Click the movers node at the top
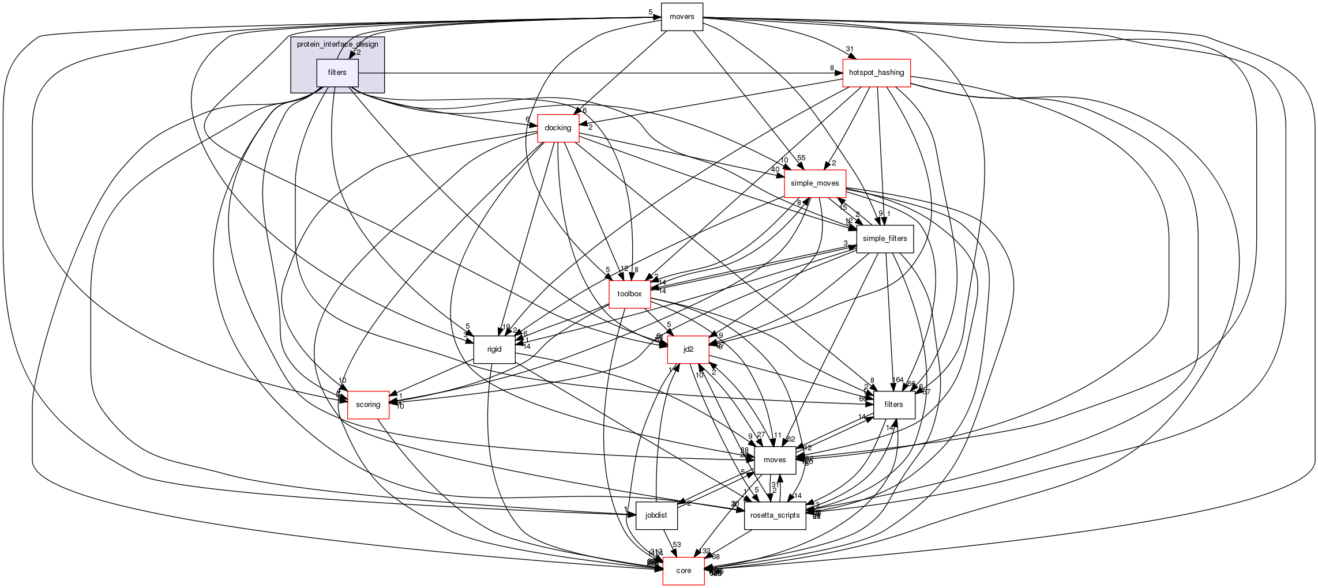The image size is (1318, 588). pyautogui.click(x=682, y=17)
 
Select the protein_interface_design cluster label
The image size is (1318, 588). pyautogui.click(x=337, y=44)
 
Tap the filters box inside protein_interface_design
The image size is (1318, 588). pyautogui.click(x=337, y=73)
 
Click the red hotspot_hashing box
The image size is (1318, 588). pyautogui.click(x=876, y=73)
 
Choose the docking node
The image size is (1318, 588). pyautogui.click(x=558, y=128)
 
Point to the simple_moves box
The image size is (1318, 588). pyautogui.click(x=814, y=183)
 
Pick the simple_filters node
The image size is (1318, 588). pyautogui.click(x=885, y=239)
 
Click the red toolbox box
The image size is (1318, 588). pyautogui.click(x=629, y=294)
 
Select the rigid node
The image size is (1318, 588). pyautogui.click(x=494, y=349)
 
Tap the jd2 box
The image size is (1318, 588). pyautogui.click(x=688, y=349)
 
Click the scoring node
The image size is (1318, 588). pyautogui.click(x=368, y=405)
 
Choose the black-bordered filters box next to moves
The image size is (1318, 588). pyautogui.click(x=893, y=405)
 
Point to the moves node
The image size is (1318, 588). pyautogui.click(x=775, y=460)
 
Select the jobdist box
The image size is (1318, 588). pyautogui.click(x=656, y=515)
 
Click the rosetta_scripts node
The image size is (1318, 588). pyautogui.click(x=775, y=515)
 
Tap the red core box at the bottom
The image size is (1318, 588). pyautogui.click(x=684, y=571)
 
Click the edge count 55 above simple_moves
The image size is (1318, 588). pyautogui.click(x=801, y=158)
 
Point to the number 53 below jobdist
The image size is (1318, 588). pyautogui.click(x=677, y=545)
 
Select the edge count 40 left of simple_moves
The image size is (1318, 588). pyautogui.click(x=775, y=169)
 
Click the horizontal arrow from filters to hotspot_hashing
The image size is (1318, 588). pyautogui.click(x=600, y=73)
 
